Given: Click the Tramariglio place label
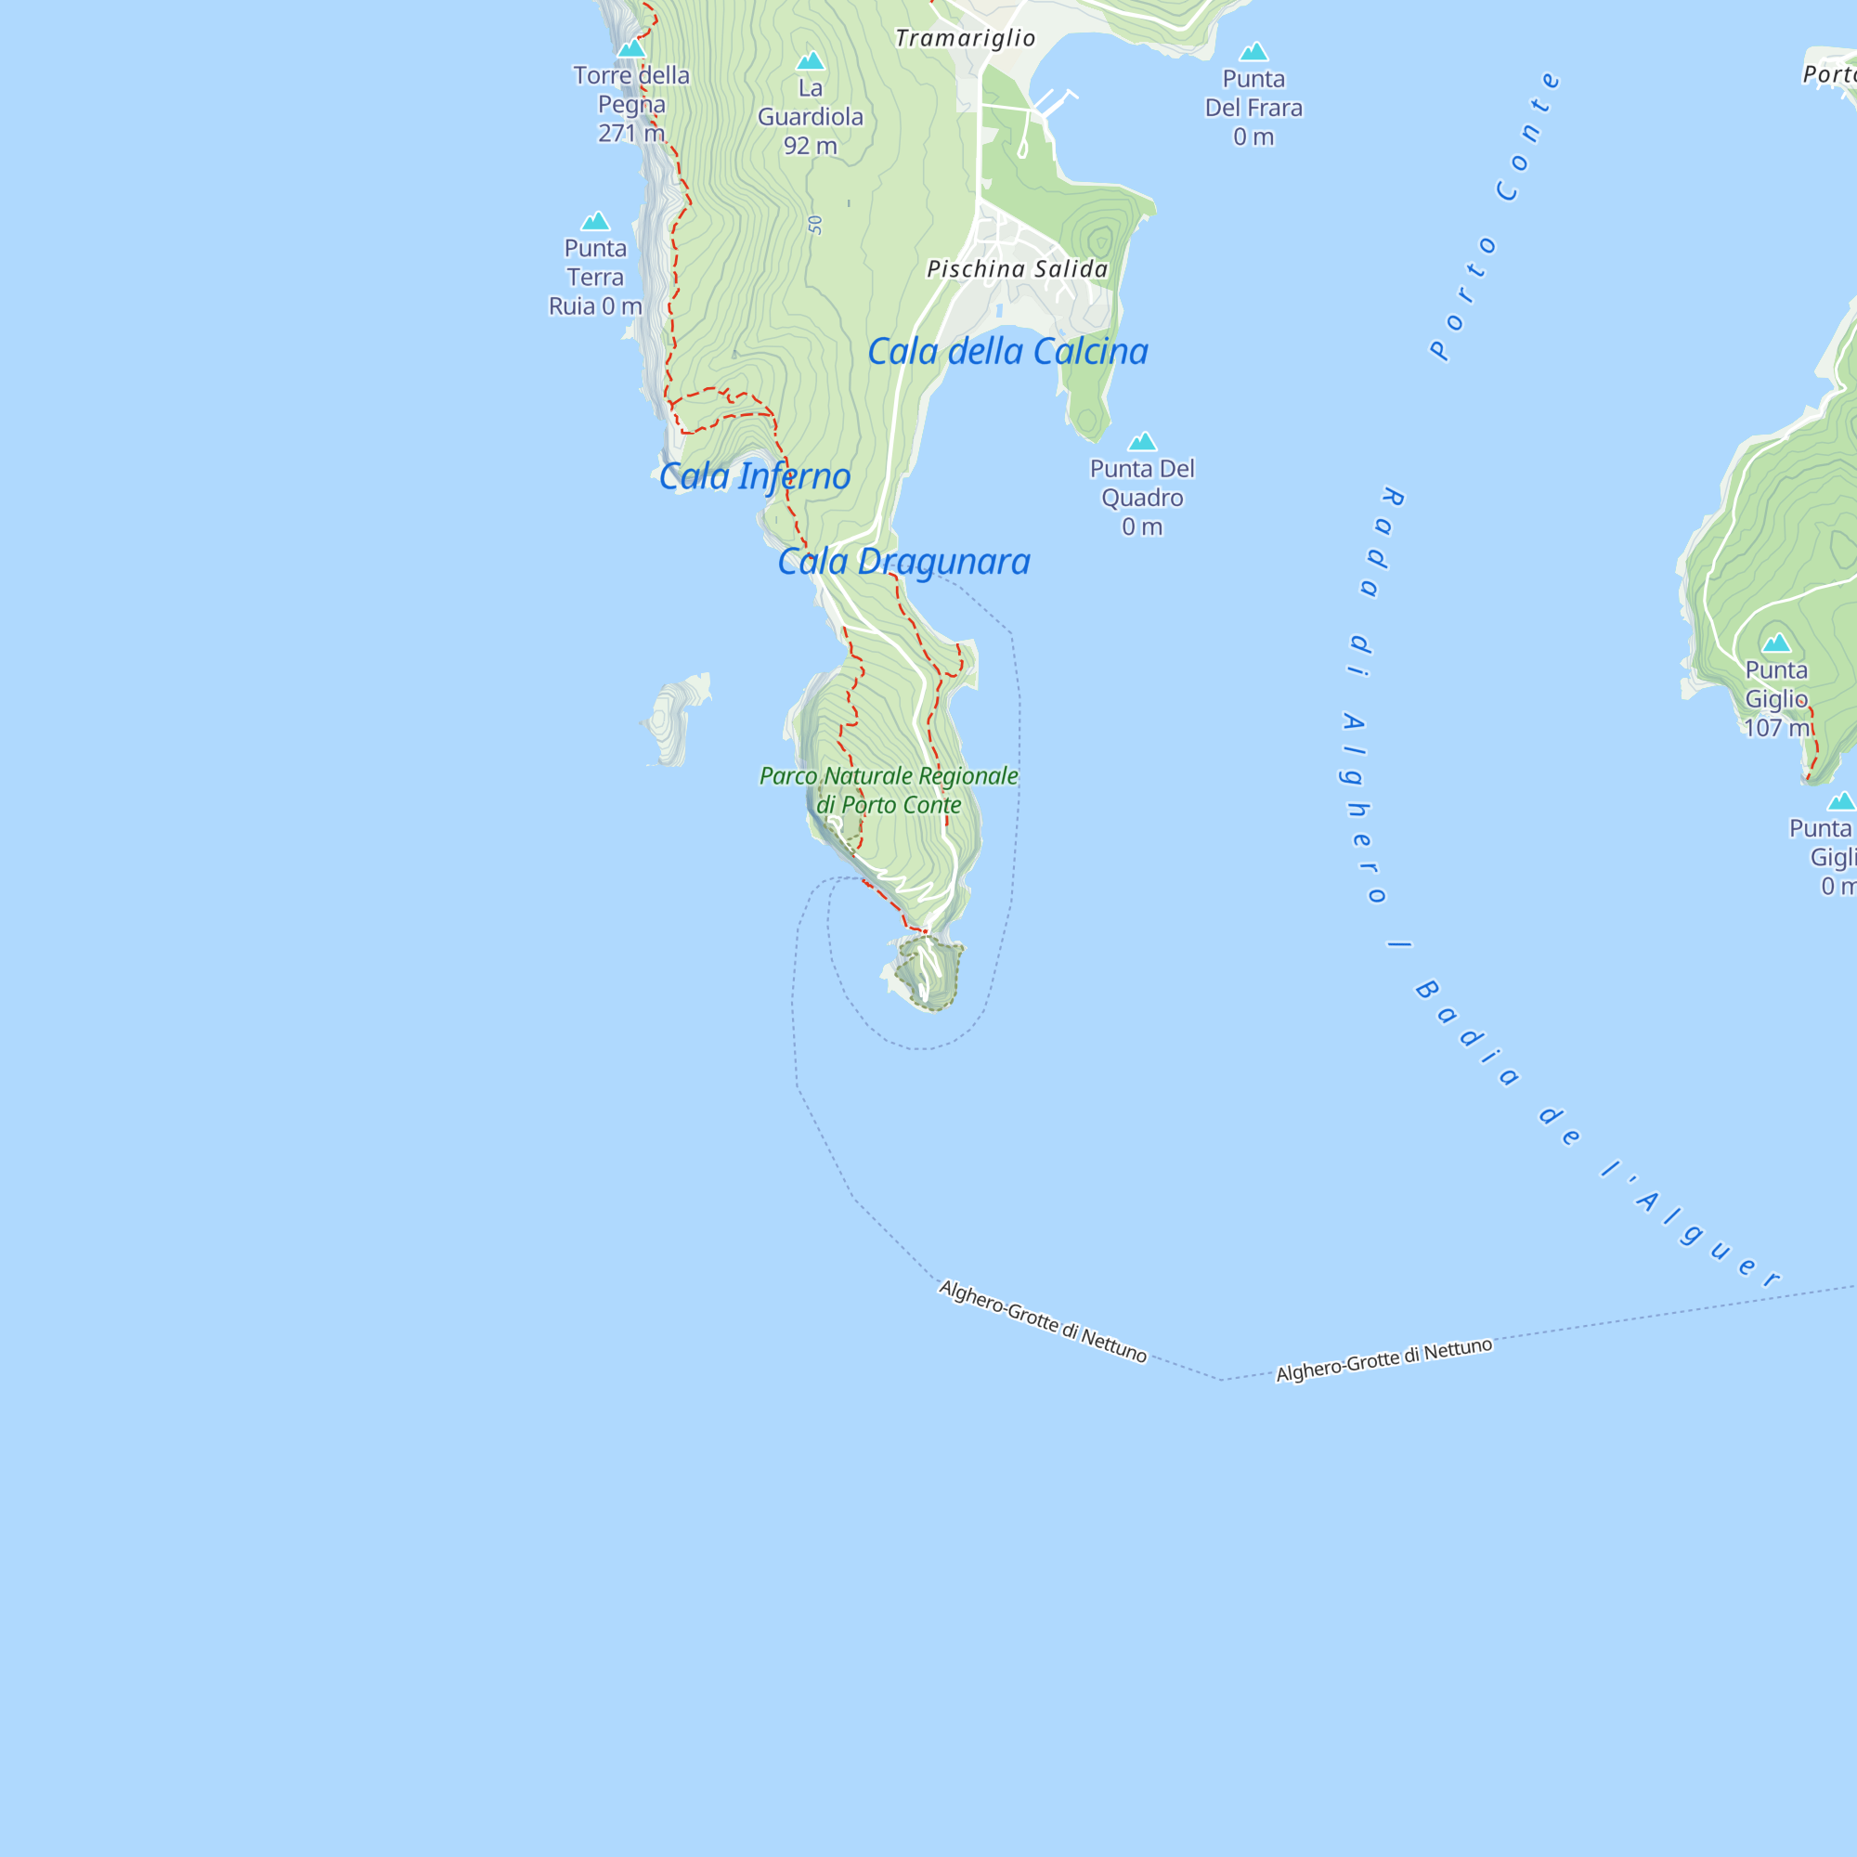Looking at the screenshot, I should point(965,38).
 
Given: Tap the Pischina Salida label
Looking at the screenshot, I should point(1017,269).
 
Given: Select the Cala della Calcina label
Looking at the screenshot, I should point(1007,352).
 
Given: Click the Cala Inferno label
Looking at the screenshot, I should point(755,476).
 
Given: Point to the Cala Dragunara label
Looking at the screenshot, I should point(903,562).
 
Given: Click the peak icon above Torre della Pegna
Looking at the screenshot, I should point(631,48).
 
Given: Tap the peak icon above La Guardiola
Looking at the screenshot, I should point(811,61).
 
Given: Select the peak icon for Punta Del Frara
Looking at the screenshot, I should point(1253,51).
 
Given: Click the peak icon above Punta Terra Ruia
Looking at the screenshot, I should point(596,221).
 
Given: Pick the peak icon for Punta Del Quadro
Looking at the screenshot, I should point(1142,441).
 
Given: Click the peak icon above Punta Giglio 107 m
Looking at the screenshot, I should point(1776,643).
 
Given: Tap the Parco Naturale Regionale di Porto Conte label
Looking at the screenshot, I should point(889,790).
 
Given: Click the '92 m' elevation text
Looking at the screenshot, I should point(811,146).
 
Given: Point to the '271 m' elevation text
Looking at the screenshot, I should point(631,134).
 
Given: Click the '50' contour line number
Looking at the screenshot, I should point(816,225).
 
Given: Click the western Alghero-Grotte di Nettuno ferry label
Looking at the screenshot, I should point(1043,1321).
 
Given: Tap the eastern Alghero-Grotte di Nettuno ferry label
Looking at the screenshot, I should point(1384,1359).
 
